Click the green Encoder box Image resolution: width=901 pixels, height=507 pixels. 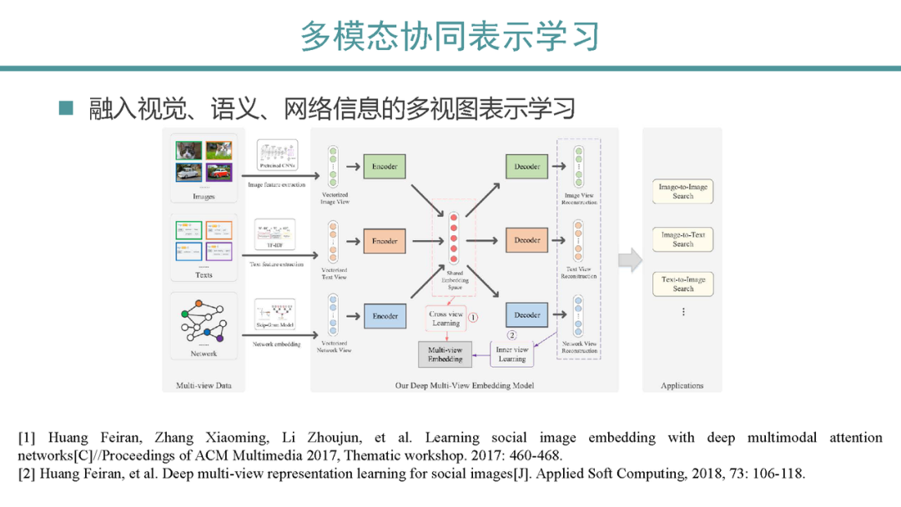click(x=385, y=167)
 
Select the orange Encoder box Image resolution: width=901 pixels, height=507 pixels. click(x=385, y=241)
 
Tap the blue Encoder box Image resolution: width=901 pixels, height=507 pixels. click(x=385, y=316)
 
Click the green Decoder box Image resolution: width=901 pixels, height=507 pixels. click(x=527, y=167)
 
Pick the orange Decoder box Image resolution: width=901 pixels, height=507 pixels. click(x=527, y=240)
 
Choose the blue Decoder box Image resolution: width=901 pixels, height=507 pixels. click(x=527, y=315)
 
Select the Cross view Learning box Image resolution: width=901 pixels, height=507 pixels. click(x=446, y=319)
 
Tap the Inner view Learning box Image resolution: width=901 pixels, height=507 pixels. click(x=512, y=354)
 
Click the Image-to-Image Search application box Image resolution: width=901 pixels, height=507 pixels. click(x=683, y=192)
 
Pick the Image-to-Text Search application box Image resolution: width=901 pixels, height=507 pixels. click(x=683, y=239)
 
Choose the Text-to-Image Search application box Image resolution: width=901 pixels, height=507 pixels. click(x=683, y=284)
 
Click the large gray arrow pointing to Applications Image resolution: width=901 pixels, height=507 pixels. click(x=631, y=259)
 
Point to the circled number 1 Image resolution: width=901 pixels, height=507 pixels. click(x=472, y=317)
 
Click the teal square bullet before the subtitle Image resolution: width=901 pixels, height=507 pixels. click(x=66, y=108)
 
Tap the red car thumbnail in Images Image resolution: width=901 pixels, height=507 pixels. click(x=219, y=172)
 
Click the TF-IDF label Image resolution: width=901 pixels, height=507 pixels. click(x=276, y=246)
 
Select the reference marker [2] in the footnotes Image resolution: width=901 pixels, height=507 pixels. click(x=27, y=474)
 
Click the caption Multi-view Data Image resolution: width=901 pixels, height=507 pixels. click(x=204, y=385)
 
